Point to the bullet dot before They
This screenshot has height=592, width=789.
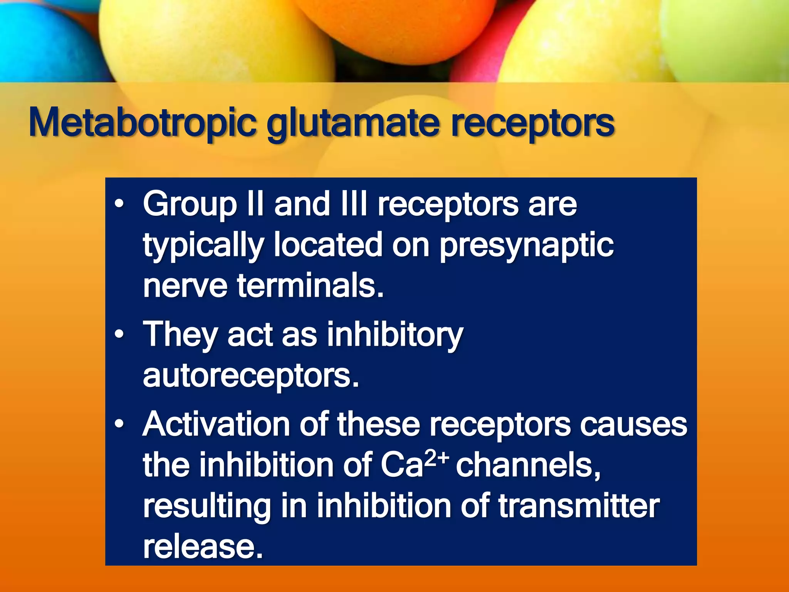pos(120,334)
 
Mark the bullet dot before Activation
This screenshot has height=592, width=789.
pos(120,424)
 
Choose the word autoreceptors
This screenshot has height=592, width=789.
pos(251,376)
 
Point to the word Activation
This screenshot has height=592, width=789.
pos(216,424)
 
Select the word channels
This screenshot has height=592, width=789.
pos(528,465)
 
